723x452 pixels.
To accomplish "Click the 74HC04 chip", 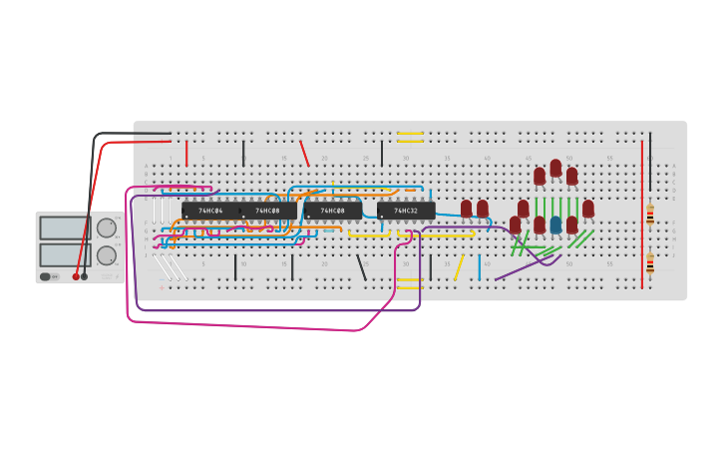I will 210,211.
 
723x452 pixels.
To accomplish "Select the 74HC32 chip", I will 406,211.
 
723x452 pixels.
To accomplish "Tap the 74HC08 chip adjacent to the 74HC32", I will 333,211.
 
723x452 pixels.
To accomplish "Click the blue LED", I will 555,225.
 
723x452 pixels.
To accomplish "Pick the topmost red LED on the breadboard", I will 555,167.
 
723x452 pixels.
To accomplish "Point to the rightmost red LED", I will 588,208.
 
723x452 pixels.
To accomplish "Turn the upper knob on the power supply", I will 106,227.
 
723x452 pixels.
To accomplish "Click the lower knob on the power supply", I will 106,254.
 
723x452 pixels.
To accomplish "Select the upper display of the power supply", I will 65,227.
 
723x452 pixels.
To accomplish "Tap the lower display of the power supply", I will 65,253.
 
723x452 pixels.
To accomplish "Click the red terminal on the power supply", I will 76,276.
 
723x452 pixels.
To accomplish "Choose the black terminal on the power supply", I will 85,276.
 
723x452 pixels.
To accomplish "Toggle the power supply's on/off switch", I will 46,276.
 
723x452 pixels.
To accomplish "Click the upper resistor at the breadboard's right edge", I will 650,215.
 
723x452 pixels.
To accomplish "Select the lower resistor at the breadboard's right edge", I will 650,263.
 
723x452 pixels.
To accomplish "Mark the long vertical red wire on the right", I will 642,215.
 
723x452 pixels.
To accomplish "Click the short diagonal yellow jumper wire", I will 459,267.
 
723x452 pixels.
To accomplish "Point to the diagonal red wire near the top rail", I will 304,154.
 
